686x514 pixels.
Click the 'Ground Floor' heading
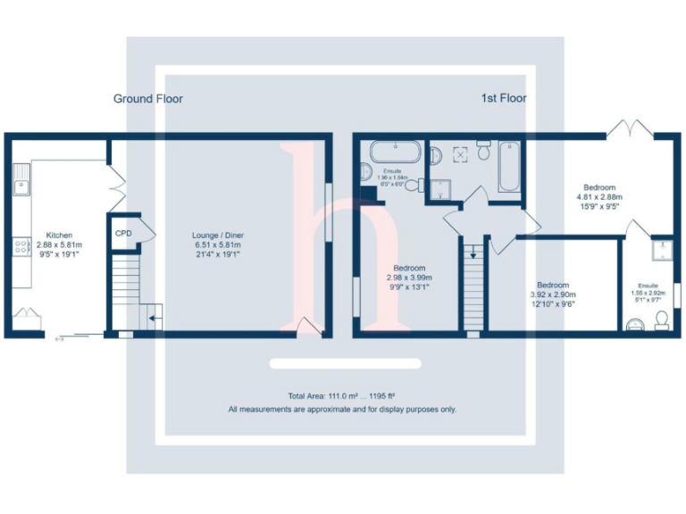click(x=147, y=98)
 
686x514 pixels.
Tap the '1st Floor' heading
click(x=503, y=98)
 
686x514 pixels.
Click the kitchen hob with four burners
click(x=21, y=246)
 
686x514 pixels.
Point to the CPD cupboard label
click(x=123, y=234)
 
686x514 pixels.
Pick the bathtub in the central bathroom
click(x=507, y=166)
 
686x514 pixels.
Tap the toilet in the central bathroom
click(x=483, y=150)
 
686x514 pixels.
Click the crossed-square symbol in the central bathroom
click(x=461, y=153)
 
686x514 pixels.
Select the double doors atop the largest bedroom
click(x=633, y=128)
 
